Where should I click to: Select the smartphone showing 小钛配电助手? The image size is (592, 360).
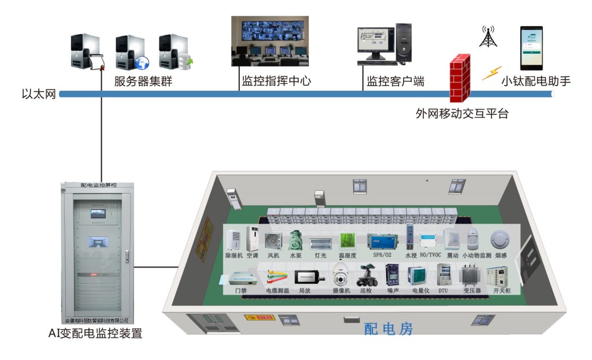coord(531,47)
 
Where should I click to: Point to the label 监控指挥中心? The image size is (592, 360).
coord(276,81)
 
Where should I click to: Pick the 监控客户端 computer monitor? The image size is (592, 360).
coord(373,44)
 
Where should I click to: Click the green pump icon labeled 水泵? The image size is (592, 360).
coord(295,240)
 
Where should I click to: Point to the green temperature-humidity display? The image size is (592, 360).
coord(346,240)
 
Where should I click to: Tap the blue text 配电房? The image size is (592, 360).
coord(388,329)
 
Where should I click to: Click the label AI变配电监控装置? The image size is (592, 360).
coord(96,333)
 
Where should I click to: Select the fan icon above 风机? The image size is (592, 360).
coord(272,242)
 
